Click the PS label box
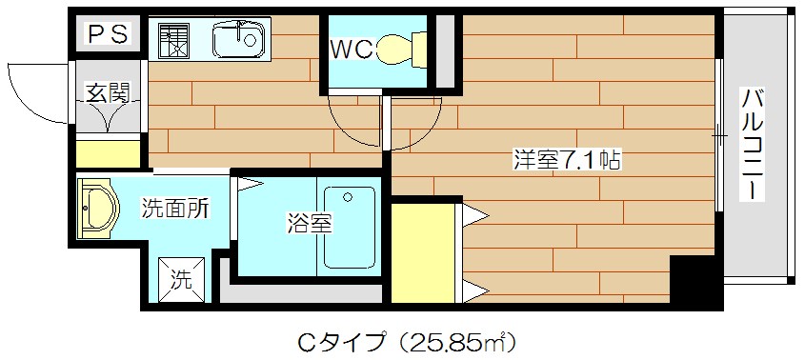pos(109,35)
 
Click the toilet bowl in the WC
pos(400,47)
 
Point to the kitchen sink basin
pos(234,41)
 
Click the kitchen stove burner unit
pos(170,41)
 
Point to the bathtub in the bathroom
pos(349,227)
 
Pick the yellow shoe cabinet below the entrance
pos(109,153)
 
